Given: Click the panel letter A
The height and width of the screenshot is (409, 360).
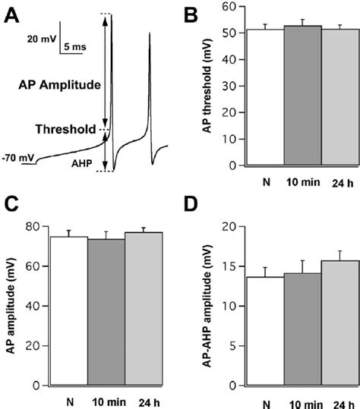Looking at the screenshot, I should tap(14, 15).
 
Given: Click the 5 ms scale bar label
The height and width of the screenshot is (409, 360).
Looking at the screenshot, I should tap(74, 47).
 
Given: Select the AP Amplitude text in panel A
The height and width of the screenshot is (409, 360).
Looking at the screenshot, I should tap(61, 86).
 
